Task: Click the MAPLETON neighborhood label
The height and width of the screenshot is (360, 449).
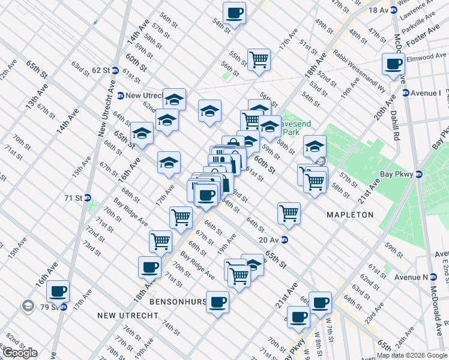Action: coord(349,214)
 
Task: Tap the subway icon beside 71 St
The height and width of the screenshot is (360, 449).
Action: coord(87,197)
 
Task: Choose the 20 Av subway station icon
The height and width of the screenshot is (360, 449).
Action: coord(286,240)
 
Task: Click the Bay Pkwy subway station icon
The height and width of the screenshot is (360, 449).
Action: coord(420,175)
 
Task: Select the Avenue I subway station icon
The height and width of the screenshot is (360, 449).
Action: coord(406,93)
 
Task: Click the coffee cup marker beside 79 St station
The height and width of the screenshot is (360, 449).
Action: coord(58,292)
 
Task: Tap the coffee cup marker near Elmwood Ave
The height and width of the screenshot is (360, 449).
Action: coord(394,64)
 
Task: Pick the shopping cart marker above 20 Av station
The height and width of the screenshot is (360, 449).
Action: coord(289,212)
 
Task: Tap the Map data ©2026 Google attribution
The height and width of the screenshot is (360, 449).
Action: coord(412,355)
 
